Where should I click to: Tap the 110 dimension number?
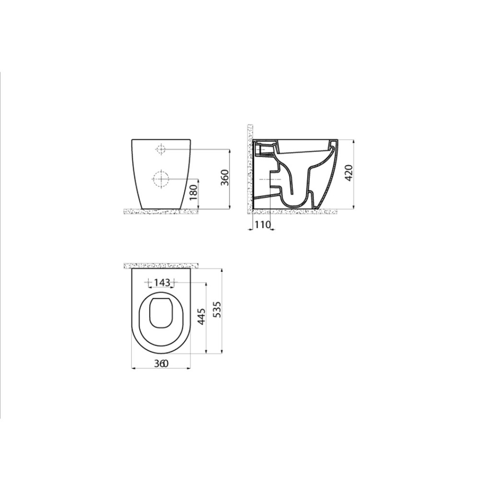tap(263, 224)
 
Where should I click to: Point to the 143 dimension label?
tap(163, 282)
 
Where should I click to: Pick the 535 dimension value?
tap(217, 312)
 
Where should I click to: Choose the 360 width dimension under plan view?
tap(161, 363)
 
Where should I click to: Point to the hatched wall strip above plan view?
tap(161, 265)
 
